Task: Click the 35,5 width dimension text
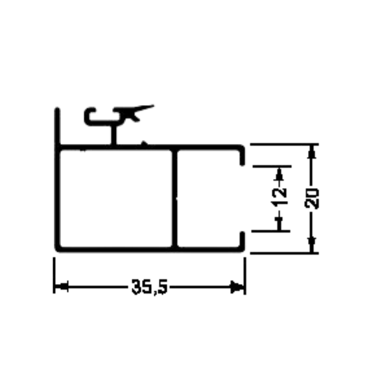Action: click(150, 287)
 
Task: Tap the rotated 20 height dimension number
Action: click(312, 198)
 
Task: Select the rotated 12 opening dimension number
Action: click(279, 197)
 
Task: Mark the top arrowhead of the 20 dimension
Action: click(312, 152)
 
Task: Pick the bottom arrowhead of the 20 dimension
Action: click(312, 245)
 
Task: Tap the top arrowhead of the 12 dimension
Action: click(279, 174)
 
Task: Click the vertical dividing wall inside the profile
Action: click(174, 198)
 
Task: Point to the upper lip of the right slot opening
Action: click(242, 156)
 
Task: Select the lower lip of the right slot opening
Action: click(242, 241)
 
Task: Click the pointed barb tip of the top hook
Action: click(153, 106)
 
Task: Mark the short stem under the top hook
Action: click(113, 135)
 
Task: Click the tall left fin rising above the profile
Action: click(57, 127)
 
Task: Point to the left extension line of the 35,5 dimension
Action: click(54, 275)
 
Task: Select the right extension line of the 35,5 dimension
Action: click(244, 276)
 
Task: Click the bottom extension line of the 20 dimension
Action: click(284, 253)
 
